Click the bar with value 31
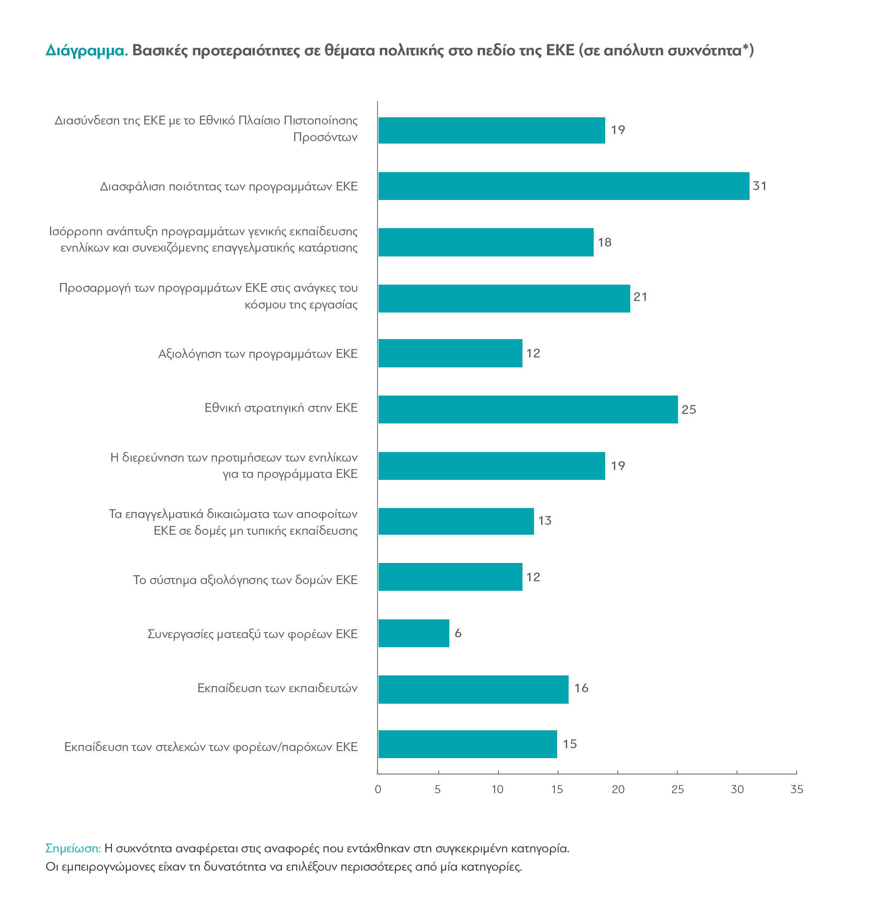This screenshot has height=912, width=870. (563, 186)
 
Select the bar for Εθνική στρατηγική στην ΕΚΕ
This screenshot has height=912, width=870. (527, 409)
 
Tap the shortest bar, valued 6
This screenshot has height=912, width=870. (413, 633)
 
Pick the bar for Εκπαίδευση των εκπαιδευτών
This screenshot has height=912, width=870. (473, 689)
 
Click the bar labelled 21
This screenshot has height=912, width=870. (504, 298)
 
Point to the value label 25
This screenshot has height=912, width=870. (688, 409)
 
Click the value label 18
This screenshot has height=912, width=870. (604, 242)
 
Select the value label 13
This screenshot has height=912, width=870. (544, 520)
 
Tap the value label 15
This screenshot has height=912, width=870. (569, 744)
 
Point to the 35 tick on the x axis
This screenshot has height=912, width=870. (796, 789)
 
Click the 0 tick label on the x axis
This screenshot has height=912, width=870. (378, 789)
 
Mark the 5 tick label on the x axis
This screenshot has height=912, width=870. (437, 789)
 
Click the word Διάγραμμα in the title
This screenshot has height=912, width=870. (86, 50)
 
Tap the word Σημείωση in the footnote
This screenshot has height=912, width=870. (73, 848)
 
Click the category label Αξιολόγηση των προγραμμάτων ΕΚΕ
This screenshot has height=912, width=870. (258, 354)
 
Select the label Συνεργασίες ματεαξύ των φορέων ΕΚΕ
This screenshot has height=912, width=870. (252, 634)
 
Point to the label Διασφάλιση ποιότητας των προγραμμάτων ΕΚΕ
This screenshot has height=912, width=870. (229, 186)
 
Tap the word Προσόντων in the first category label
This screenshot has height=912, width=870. (325, 137)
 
